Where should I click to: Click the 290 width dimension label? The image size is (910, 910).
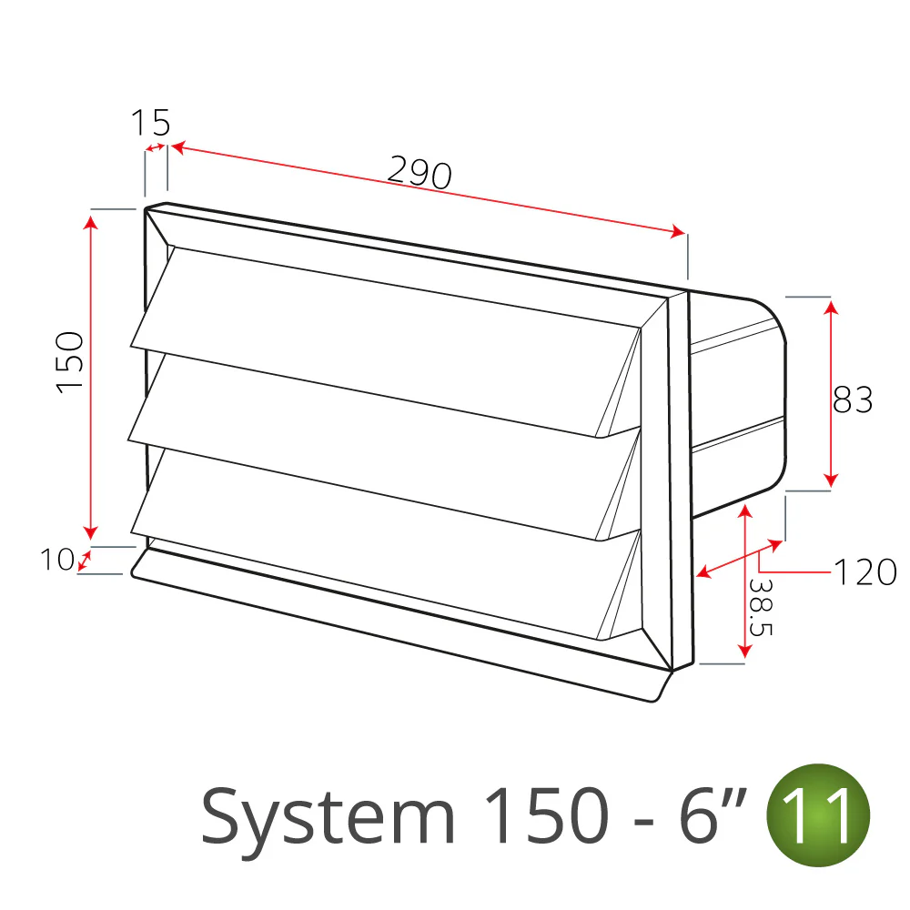[419, 172]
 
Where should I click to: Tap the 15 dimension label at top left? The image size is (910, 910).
[151, 123]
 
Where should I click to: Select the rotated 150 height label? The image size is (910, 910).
[71, 363]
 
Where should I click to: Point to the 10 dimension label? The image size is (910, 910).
[56, 560]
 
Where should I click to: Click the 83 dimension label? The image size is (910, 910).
[853, 399]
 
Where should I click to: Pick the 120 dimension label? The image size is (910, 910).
[865, 572]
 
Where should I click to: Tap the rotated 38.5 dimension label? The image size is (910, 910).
[760, 607]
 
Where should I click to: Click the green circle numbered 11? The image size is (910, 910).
[818, 815]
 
